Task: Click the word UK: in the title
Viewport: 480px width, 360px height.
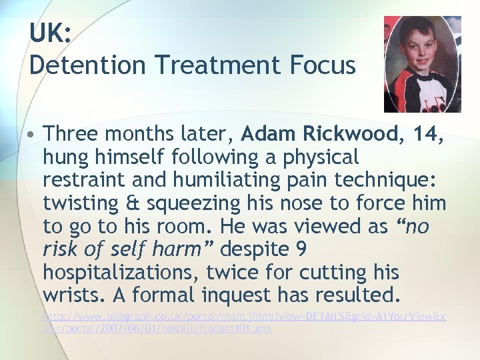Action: tap(50, 33)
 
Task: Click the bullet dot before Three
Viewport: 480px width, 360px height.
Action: tap(33, 134)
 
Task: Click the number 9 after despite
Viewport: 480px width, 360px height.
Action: tap(301, 249)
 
